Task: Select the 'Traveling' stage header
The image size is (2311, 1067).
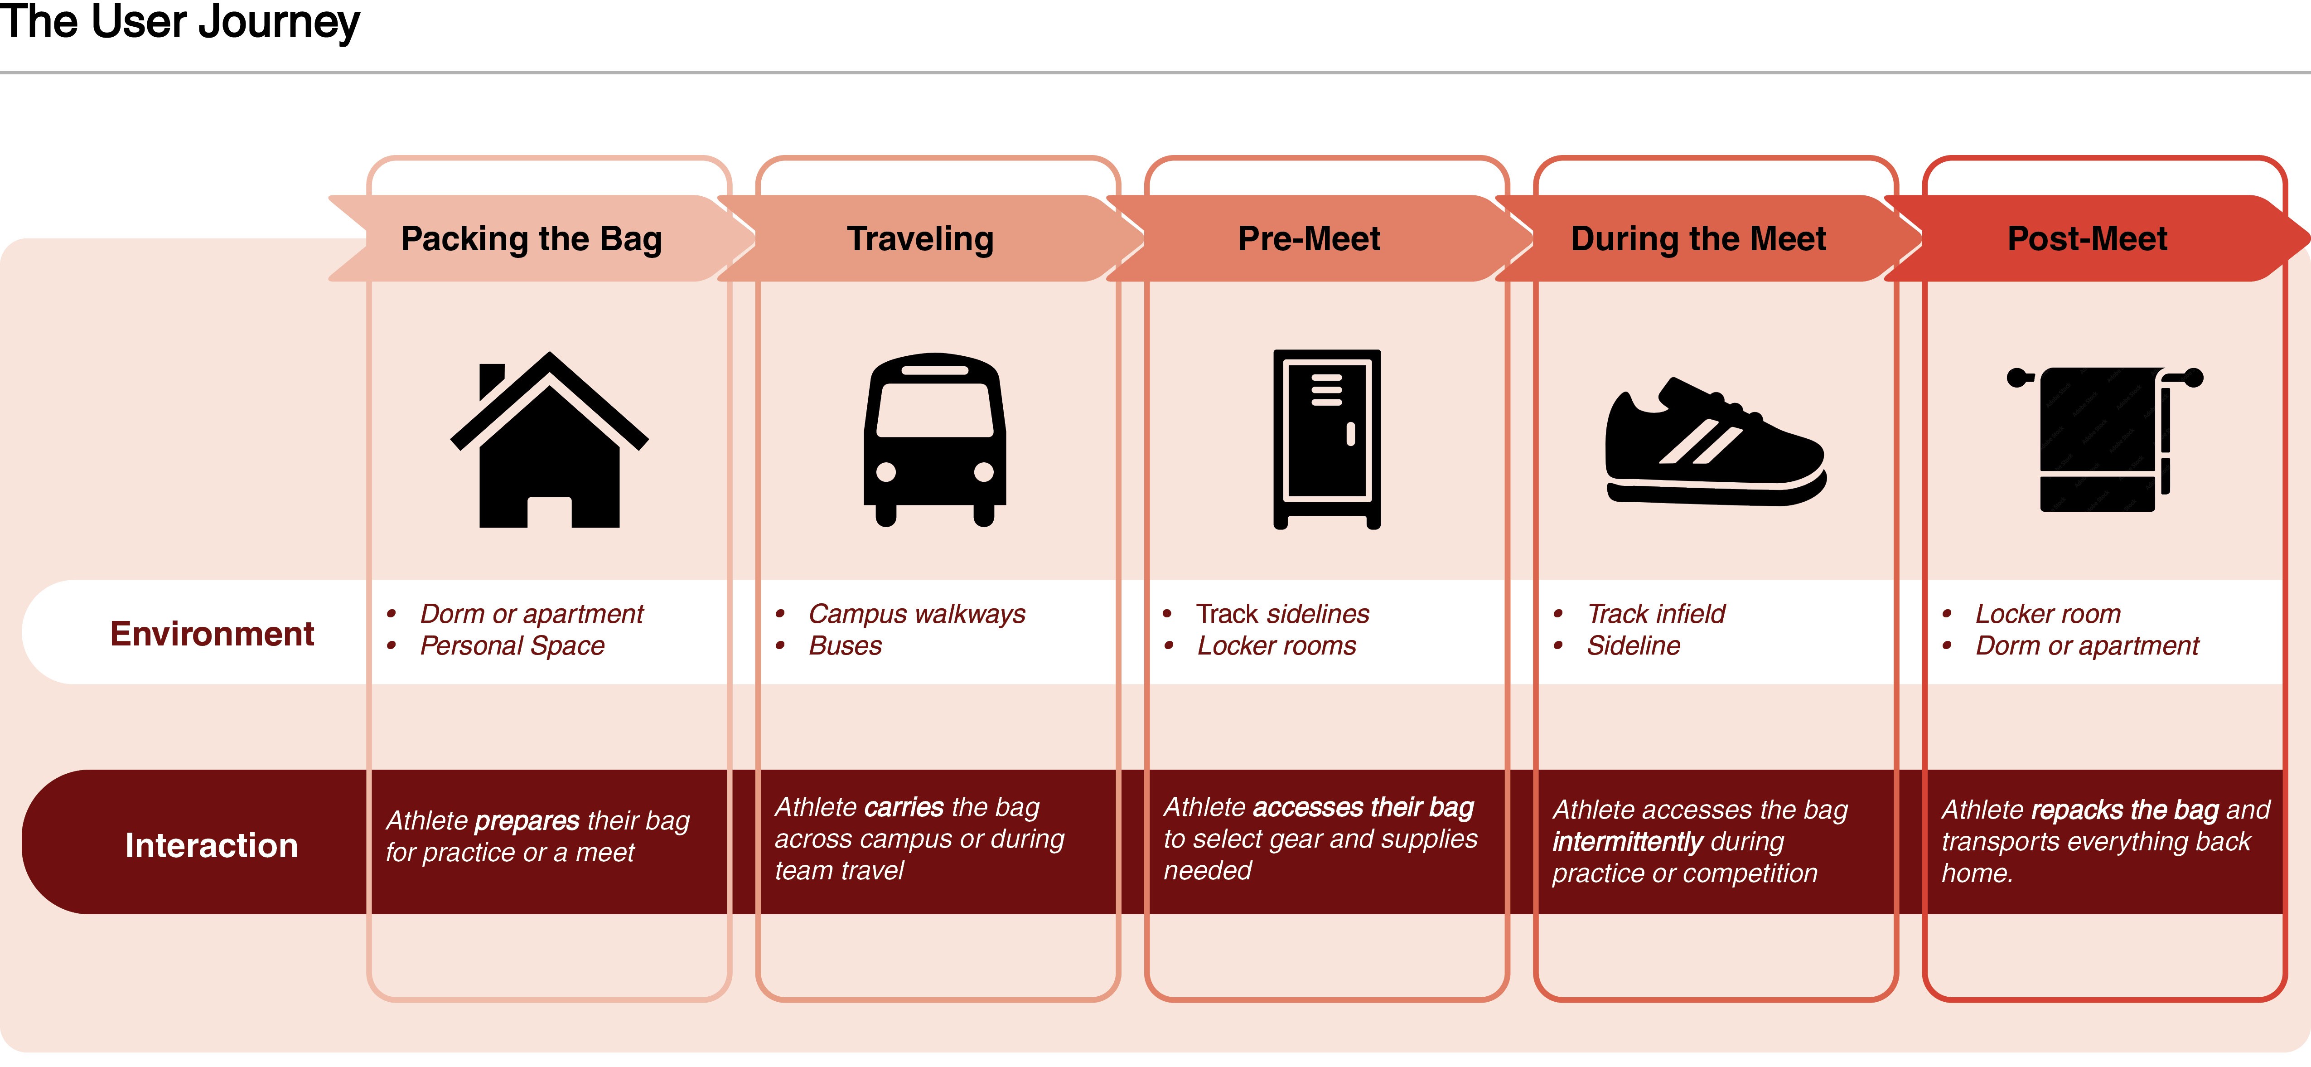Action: (920, 239)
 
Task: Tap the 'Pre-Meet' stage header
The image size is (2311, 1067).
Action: (1309, 239)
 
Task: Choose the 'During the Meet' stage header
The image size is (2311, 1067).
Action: (1698, 239)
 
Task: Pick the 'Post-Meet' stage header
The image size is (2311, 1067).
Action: (2087, 239)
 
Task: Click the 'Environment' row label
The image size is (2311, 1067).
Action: (212, 634)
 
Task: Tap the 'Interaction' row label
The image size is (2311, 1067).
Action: (212, 845)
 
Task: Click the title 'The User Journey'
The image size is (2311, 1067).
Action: (179, 22)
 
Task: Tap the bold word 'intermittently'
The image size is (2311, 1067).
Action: (1626, 842)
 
